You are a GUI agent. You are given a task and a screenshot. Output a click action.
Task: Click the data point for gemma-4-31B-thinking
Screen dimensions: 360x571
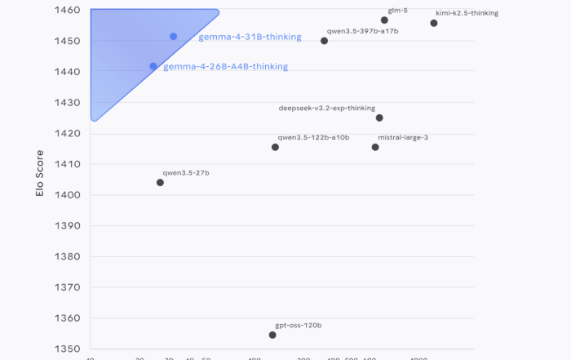[174, 37]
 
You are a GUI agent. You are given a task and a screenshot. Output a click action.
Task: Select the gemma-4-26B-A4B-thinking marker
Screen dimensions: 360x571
[153, 66]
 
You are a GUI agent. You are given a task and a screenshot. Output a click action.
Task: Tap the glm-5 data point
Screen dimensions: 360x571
[384, 20]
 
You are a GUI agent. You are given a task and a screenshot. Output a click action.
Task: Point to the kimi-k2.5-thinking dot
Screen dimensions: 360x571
[434, 23]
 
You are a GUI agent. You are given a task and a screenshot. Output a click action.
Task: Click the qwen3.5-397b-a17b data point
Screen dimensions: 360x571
[325, 41]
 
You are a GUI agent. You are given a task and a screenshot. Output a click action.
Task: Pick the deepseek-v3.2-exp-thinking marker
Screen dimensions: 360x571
[379, 118]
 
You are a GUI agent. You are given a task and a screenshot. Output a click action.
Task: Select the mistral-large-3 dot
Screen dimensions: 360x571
[375, 147]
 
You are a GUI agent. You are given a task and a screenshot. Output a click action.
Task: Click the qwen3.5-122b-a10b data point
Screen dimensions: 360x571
[275, 147]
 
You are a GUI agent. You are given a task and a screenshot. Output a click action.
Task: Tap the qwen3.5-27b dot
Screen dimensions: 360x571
[160, 183]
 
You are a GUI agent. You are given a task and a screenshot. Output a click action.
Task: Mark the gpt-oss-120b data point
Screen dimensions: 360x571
[272, 335]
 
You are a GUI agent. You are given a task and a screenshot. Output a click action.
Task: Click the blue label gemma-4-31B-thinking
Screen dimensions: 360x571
[250, 38]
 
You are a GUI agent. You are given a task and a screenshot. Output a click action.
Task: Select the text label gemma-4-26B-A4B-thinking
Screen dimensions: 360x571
[225, 67]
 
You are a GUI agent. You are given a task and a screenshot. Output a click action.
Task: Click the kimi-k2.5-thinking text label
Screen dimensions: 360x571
[467, 13]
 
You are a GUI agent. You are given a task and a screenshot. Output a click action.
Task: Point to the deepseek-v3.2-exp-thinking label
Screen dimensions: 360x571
[326, 108]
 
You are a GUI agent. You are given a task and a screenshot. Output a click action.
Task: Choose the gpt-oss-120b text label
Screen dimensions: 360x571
[299, 325]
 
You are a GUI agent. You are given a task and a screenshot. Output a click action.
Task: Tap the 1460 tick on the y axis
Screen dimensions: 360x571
[68, 11]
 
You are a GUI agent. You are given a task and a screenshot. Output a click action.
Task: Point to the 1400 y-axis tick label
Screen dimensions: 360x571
[68, 195]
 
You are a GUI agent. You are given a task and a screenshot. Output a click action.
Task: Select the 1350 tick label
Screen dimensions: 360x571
[68, 349]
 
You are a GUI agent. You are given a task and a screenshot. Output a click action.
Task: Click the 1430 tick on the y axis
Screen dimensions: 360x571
[68, 103]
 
